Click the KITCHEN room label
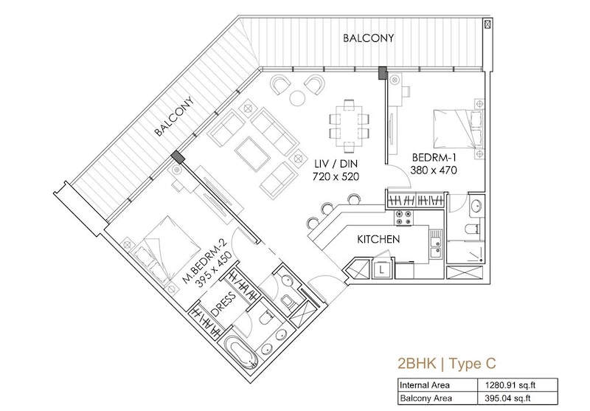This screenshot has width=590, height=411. [378, 239]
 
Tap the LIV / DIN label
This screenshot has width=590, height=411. [336, 164]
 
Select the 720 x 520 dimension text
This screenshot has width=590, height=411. [336, 176]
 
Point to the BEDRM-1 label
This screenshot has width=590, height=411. [434, 157]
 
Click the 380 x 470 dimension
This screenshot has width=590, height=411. [434, 170]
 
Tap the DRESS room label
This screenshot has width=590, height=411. [223, 305]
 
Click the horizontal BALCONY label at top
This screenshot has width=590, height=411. [368, 38]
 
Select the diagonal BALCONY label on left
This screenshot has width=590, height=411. [174, 117]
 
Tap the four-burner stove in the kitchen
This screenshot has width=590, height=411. [403, 218]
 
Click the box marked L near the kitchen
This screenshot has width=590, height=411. [382, 270]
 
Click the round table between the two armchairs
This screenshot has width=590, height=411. [298, 97]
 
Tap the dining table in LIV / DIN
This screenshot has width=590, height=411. [349, 123]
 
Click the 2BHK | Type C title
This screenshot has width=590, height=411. [447, 364]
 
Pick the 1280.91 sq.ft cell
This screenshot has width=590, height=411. [510, 385]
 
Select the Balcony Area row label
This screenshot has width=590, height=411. [426, 398]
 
